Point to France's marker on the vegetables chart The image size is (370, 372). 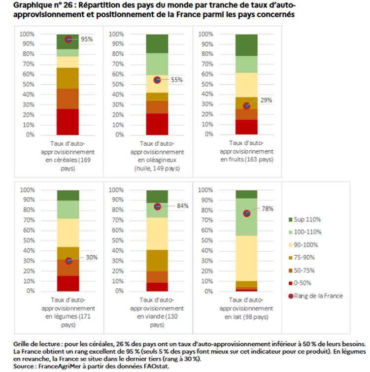[x=68, y=261]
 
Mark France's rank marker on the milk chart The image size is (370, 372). [x=247, y=213]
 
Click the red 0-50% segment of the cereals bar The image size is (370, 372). [x=68, y=122]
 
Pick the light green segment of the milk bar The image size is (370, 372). [x=247, y=217]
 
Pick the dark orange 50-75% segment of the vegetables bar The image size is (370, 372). [x=68, y=268]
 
